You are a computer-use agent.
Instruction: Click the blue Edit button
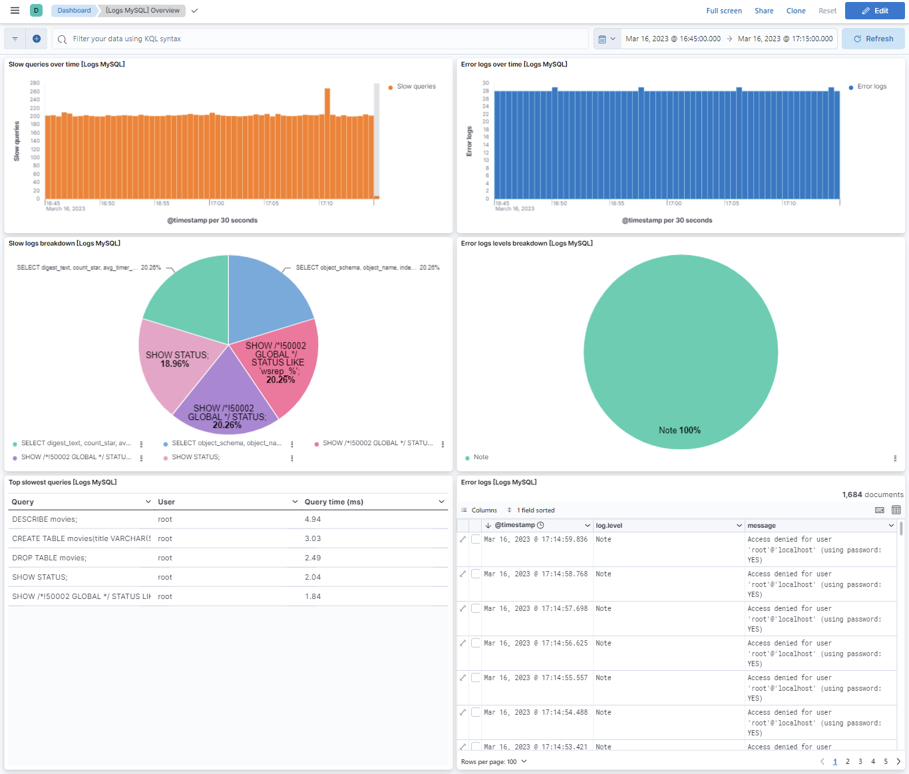(x=874, y=11)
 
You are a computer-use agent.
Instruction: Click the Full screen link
(x=723, y=11)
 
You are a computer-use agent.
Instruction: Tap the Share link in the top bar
(x=763, y=11)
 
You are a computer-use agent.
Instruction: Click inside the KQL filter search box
(x=319, y=39)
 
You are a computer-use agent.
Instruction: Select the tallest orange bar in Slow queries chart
(x=327, y=143)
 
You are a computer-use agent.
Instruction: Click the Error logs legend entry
(x=871, y=87)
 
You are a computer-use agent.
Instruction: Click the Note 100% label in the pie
(x=679, y=431)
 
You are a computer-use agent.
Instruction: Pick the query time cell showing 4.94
(x=313, y=519)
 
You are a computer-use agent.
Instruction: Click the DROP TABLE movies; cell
(x=49, y=558)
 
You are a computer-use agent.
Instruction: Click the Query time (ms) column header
(x=334, y=502)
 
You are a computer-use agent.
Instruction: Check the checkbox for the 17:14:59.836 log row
(x=476, y=539)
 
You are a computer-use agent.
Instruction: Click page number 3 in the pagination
(x=860, y=761)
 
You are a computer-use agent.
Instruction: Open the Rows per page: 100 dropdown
(x=494, y=761)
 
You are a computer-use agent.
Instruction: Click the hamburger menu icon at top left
(x=15, y=11)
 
